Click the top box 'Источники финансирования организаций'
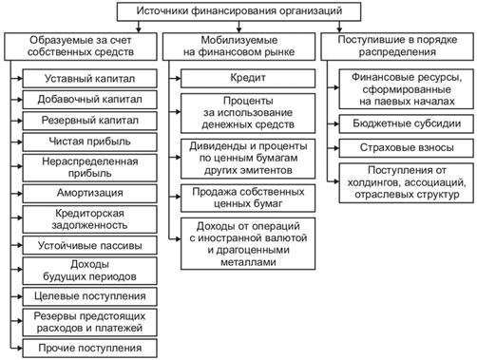(238, 11)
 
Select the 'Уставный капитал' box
(89, 79)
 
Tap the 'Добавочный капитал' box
(89, 100)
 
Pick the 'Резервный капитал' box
(89, 121)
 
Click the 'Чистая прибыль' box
(89, 142)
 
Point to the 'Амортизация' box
(89, 193)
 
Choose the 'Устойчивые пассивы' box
(89, 245)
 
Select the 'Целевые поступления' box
(89, 296)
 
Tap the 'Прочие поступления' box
(89, 349)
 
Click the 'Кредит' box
(248, 79)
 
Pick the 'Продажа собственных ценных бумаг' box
(248, 199)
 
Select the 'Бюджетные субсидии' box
(407, 123)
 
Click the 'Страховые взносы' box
(407, 148)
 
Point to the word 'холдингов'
(372, 183)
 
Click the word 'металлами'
(248, 262)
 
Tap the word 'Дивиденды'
(217, 146)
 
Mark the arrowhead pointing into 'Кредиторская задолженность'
(20, 218)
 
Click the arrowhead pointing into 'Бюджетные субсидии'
(336, 123)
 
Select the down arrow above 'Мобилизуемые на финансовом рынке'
(239, 27)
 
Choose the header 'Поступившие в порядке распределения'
(397, 47)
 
